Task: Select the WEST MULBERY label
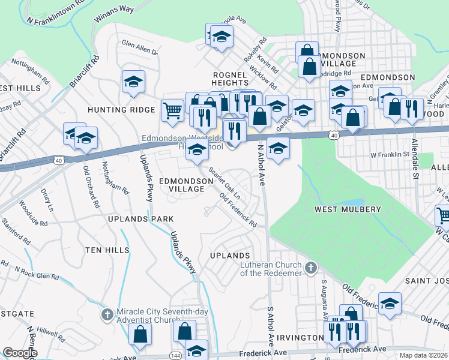tap(348, 209)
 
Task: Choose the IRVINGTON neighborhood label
tap(303, 338)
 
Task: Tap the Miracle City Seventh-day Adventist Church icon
tap(107, 314)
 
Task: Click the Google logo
tap(20, 353)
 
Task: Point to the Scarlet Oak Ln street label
tap(224, 181)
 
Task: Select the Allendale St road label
tap(415, 161)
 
